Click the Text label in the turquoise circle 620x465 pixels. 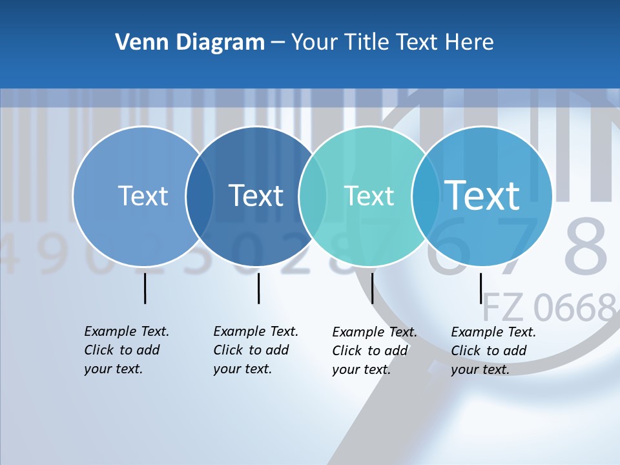[x=369, y=196]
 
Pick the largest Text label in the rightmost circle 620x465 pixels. [x=482, y=195]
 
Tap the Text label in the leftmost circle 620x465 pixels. [x=143, y=196]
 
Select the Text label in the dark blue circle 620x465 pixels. [x=256, y=196]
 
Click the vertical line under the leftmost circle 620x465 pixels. [x=145, y=288]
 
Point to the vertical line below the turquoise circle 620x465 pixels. [x=372, y=288]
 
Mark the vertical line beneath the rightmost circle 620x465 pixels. [x=480, y=288]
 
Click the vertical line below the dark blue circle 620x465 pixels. [x=258, y=288]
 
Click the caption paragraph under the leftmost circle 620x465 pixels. [x=126, y=350]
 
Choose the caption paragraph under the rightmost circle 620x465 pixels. [x=493, y=351]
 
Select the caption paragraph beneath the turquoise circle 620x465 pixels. [x=374, y=351]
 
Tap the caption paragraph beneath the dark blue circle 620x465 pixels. [x=255, y=350]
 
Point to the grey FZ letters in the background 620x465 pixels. [x=502, y=308]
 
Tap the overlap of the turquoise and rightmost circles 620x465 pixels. [x=426, y=196]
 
